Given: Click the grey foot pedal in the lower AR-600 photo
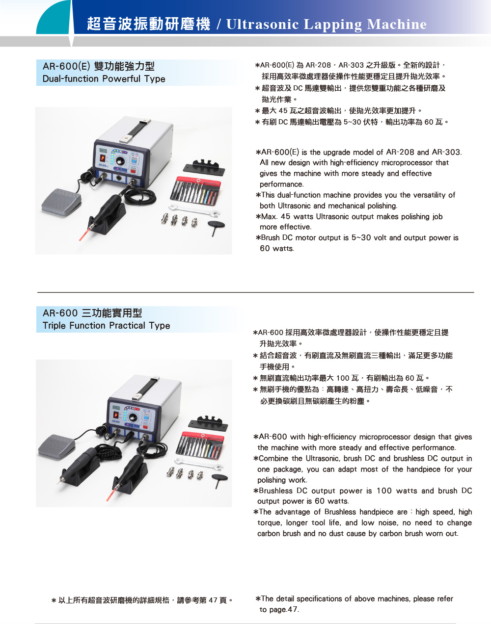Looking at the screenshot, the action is (x=56, y=446).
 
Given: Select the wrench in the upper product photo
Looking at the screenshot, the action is (x=194, y=210).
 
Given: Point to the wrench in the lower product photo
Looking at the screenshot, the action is (x=199, y=464).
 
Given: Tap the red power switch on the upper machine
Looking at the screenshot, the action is (x=133, y=171).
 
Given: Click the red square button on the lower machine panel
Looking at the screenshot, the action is (x=145, y=427).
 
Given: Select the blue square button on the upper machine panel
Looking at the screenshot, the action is (x=134, y=160).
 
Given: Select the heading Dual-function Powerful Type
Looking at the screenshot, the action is (x=104, y=79).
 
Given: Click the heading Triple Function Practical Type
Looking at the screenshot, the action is (x=106, y=326).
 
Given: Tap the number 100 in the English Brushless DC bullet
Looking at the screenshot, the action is (x=384, y=491).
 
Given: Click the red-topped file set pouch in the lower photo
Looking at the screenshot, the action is (x=200, y=446).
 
